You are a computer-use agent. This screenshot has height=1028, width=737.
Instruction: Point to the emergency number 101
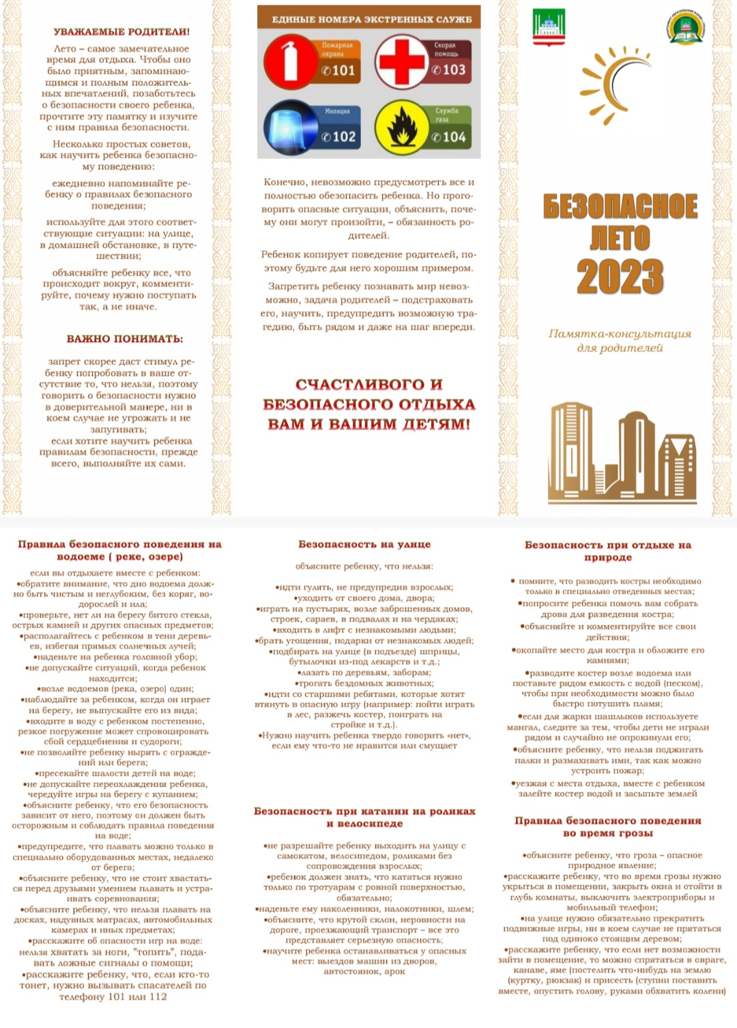tap(339, 70)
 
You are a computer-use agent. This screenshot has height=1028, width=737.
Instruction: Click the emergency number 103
tap(450, 70)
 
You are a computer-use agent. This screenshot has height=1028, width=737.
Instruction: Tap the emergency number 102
tap(339, 136)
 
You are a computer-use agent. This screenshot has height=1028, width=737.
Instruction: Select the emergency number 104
tap(450, 137)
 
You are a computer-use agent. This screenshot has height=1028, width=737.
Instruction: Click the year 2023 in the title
tap(620, 277)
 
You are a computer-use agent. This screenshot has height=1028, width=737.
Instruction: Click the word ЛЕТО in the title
tap(620, 238)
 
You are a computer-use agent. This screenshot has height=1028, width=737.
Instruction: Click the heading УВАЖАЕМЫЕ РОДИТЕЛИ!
tap(121, 31)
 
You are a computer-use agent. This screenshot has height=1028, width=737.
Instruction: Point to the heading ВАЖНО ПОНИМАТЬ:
tap(125, 339)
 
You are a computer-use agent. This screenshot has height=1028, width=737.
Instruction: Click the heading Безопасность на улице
tap(364, 544)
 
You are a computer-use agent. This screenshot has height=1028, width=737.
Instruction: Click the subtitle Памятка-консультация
tap(620, 334)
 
